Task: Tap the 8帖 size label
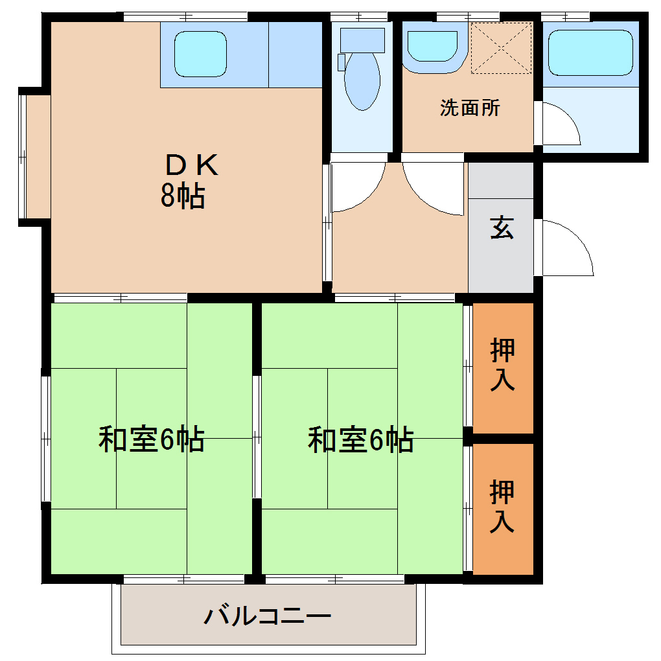click(183, 196)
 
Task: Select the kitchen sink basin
click(200, 54)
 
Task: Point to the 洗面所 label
click(470, 108)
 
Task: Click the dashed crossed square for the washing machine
click(501, 48)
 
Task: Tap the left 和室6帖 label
click(151, 439)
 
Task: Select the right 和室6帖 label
click(360, 439)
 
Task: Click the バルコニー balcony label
click(268, 615)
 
